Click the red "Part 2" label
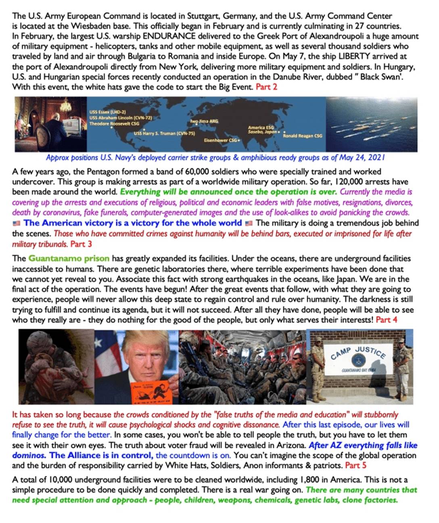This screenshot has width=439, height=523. coord(266,87)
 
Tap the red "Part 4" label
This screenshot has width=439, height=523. coord(386,320)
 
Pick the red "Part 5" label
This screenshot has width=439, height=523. coord(355,465)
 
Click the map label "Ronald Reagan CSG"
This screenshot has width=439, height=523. coord(303,136)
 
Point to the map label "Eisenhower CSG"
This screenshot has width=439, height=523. coord(221,140)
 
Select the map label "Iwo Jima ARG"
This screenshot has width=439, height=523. coord(204,121)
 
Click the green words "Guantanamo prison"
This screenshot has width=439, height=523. coord(69,258)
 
